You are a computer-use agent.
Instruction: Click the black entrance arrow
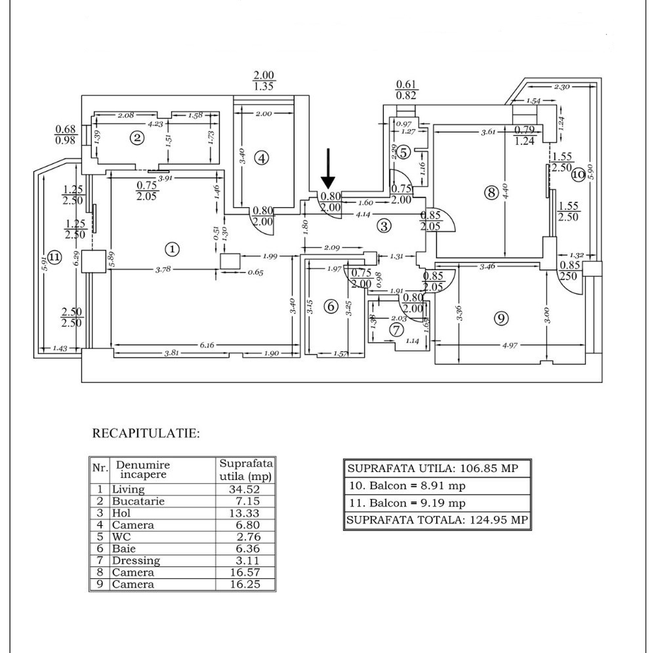pos(327,169)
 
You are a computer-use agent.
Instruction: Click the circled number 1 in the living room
pos(172,249)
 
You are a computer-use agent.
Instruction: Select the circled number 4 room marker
pos(262,158)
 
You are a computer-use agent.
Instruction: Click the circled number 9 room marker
pos(501,318)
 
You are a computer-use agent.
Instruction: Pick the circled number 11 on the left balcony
pos(54,256)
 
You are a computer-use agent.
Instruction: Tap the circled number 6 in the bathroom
pos(331,307)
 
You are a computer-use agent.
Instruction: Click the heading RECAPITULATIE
pos(146,434)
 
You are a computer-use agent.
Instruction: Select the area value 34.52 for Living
pos(244,489)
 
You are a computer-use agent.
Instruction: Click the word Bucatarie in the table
pos(138,501)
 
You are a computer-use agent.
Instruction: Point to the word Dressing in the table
pos(136,561)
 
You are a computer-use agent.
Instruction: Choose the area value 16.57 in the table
pos(244,573)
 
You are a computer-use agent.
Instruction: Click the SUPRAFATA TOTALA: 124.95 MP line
pos(437,520)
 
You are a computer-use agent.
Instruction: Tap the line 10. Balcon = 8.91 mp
pos(407,485)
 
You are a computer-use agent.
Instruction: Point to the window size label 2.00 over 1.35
pos(263,80)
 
